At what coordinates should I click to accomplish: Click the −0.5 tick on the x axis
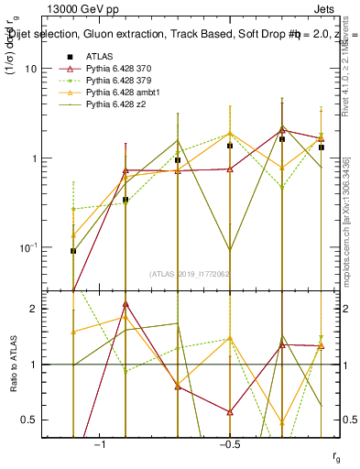(229, 444)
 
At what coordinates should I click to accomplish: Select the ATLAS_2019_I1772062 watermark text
(191, 272)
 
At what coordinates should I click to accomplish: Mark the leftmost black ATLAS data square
(73, 251)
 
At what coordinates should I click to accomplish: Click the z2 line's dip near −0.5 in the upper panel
(230, 250)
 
